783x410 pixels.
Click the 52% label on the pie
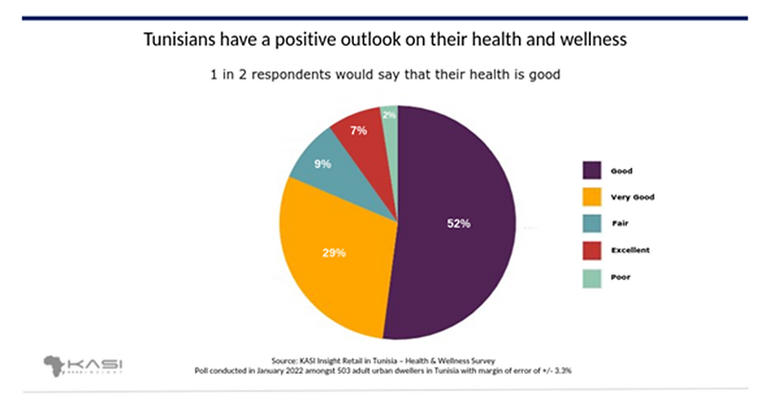458,224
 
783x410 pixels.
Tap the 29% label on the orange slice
334,253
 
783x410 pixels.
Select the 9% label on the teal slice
323,164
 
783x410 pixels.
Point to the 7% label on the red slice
358,130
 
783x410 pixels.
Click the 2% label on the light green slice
389,114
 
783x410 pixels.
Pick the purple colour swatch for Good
593,171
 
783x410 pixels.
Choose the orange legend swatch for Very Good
593,197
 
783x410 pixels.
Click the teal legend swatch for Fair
593,224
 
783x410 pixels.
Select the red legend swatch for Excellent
593,250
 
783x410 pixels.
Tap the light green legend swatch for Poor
593,276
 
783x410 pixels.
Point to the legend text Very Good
632,197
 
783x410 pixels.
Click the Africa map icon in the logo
55,365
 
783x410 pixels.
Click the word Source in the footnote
285,359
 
